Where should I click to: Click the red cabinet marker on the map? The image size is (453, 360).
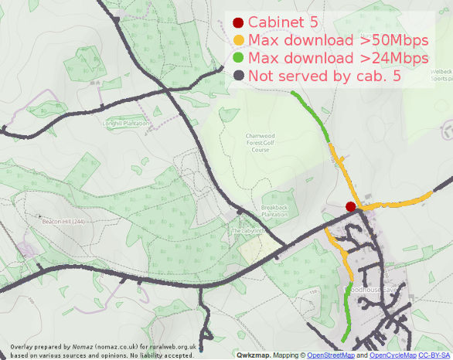pyautogui.click(x=350, y=206)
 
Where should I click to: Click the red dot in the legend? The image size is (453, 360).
pyautogui.click(x=238, y=23)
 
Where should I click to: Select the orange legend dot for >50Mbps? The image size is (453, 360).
pyautogui.click(x=238, y=41)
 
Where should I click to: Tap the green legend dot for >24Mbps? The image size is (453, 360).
pyautogui.click(x=238, y=59)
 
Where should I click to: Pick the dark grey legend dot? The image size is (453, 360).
pyautogui.click(x=238, y=76)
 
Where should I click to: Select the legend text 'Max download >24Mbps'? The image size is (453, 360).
pyautogui.click(x=339, y=59)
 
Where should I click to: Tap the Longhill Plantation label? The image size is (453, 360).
pyautogui.click(x=125, y=122)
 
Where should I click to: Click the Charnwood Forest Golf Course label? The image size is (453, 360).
pyautogui.click(x=261, y=142)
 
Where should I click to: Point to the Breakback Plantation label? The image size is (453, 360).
pyautogui.click(x=274, y=211)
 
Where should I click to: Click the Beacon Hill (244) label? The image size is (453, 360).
pyautogui.click(x=63, y=222)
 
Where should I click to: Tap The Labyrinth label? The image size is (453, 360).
pyautogui.click(x=247, y=230)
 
